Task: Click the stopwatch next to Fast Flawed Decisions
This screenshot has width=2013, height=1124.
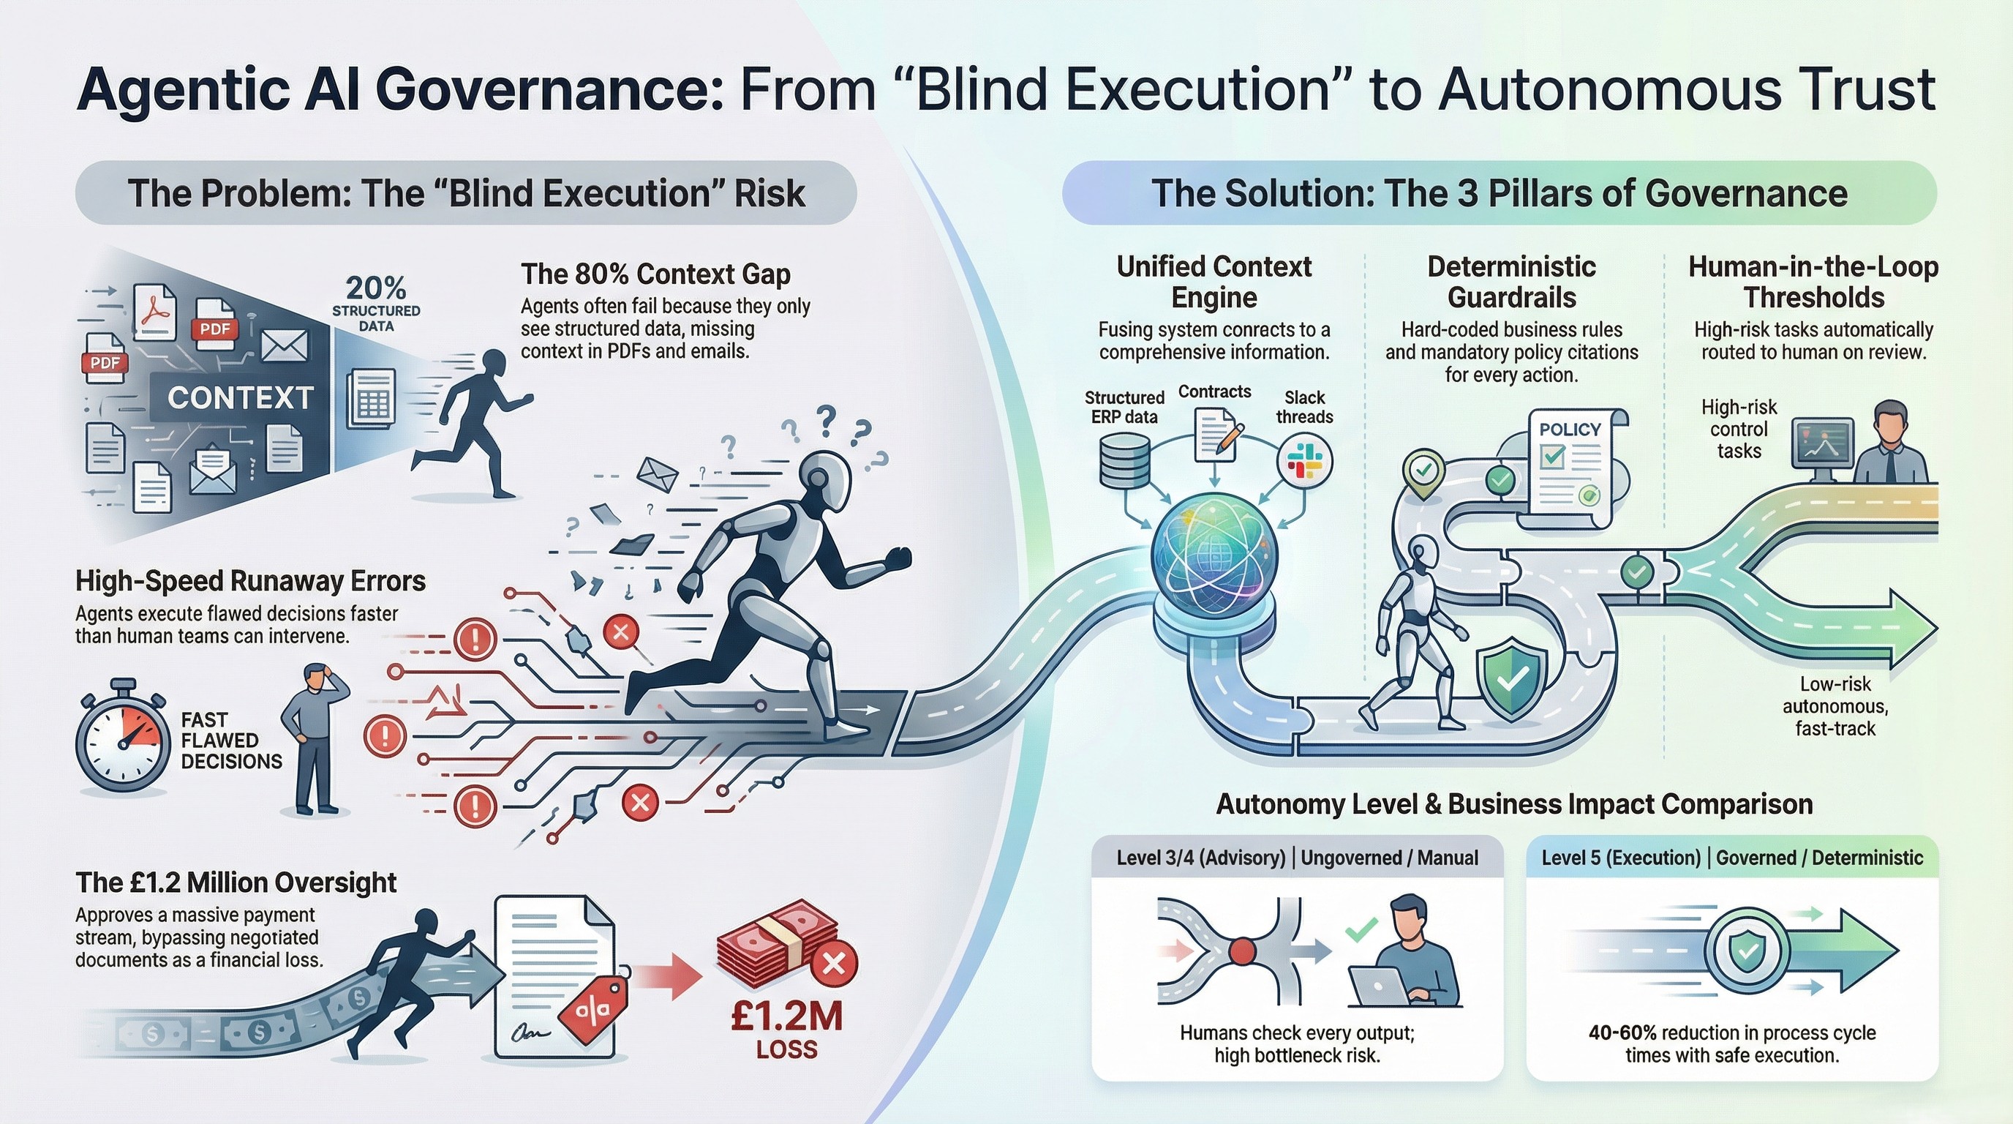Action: click(122, 739)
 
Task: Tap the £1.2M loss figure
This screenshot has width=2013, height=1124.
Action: click(787, 1017)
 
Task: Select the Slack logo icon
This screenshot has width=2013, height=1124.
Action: click(1303, 460)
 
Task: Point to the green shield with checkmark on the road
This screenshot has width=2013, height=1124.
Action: click(1511, 677)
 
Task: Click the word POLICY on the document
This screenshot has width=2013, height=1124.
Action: click(1570, 429)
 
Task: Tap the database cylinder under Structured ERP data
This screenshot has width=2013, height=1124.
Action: click(1124, 461)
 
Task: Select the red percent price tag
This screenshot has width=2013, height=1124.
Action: click(595, 1011)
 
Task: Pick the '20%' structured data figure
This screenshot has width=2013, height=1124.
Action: click(376, 288)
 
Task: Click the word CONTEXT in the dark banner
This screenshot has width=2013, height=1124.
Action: click(241, 399)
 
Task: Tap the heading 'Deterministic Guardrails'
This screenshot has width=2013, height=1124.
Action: click(1511, 282)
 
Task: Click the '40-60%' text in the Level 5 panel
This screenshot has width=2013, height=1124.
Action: click(1622, 1033)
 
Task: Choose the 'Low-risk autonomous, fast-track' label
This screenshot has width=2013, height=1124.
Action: click(1835, 706)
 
